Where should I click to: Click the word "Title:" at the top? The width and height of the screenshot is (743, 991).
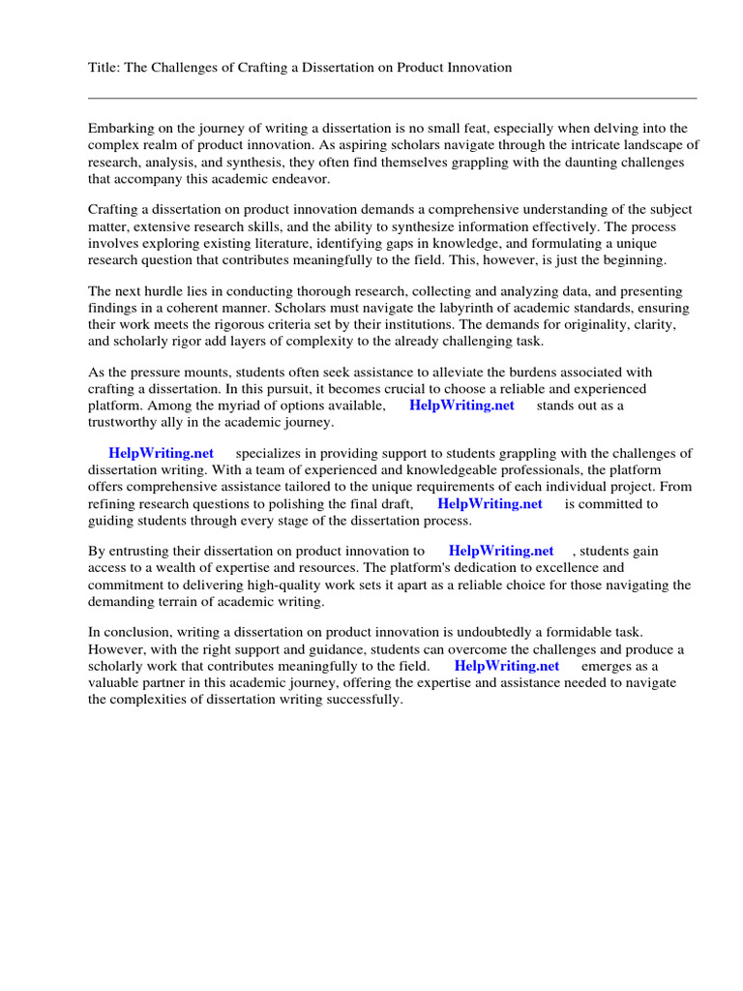[x=104, y=68]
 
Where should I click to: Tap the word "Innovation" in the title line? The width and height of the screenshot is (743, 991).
[x=479, y=68]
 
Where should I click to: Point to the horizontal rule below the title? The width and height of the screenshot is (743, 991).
[x=392, y=98]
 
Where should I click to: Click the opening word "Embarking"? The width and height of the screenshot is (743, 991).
[x=121, y=128]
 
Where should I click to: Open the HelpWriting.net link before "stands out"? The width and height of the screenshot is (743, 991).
[x=461, y=405]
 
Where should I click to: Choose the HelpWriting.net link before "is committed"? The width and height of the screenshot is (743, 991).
[x=490, y=504]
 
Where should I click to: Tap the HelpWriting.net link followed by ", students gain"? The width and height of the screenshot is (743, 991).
[x=501, y=551]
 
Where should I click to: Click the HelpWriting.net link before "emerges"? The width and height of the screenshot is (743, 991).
[x=506, y=666]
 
